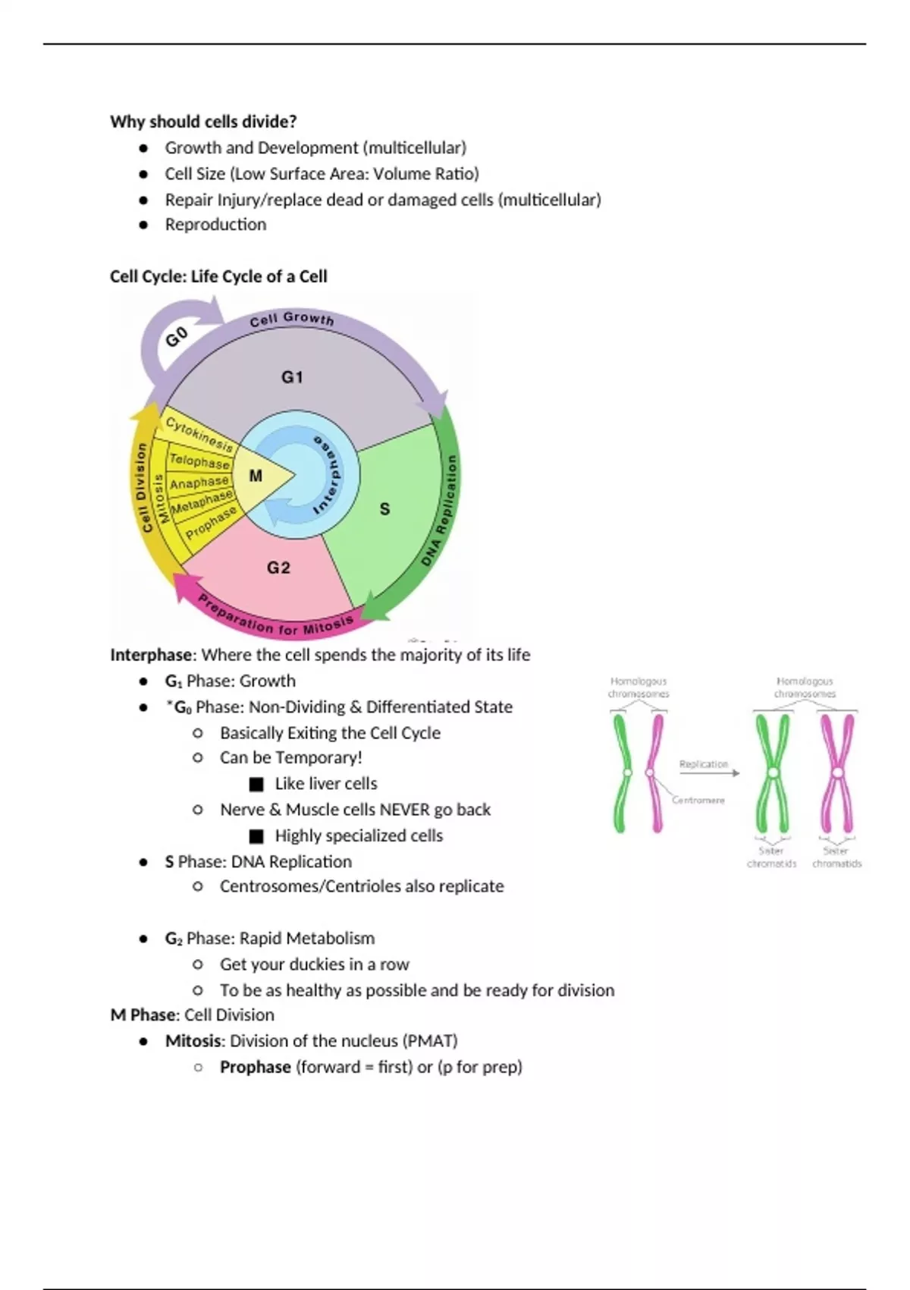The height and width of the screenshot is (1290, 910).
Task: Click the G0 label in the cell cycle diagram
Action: click(176, 336)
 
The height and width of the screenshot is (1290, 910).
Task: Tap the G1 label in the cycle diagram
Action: click(292, 377)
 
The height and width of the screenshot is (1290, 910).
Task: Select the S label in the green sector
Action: click(384, 509)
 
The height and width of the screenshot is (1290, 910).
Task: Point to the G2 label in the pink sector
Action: click(278, 568)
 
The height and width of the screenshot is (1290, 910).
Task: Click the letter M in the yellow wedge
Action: click(256, 476)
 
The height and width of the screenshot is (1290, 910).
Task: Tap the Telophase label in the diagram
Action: click(199, 461)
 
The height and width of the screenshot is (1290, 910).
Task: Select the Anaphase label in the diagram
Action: click(199, 483)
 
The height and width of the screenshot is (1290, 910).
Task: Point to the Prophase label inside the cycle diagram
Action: click(211, 522)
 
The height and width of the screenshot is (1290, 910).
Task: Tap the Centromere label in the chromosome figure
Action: click(698, 800)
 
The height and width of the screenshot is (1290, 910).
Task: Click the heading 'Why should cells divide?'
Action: click(203, 121)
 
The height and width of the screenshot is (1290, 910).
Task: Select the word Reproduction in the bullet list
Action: click(215, 225)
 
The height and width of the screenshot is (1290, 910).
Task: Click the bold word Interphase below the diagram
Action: click(151, 655)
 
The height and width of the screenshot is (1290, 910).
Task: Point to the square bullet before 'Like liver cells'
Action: click(256, 784)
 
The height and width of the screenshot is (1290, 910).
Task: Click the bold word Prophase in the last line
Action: click(255, 1067)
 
